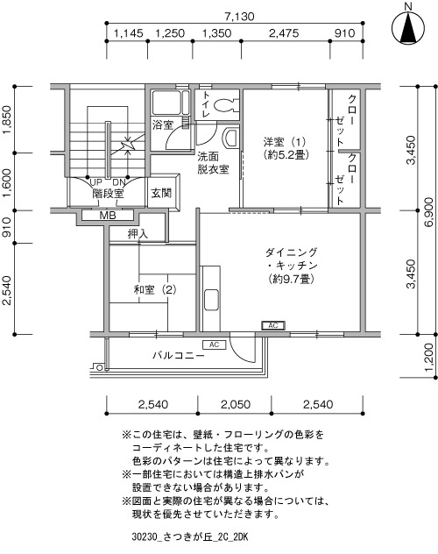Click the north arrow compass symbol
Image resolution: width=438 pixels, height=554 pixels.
click(408, 26)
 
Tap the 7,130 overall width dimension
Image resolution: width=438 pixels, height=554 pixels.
click(239, 17)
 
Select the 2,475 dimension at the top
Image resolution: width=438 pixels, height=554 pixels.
click(284, 33)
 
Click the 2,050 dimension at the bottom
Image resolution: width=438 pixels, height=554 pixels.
click(236, 404)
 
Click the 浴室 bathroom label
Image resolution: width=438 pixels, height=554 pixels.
click(163, 124)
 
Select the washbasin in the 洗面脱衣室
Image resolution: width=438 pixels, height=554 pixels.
click(230, 138)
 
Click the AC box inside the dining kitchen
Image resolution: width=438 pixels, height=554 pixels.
click(273, 325)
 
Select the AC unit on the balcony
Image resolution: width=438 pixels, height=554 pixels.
click(214, 344)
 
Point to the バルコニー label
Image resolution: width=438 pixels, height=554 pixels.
click(178, 355)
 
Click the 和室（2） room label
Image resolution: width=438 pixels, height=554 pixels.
click(155, 290)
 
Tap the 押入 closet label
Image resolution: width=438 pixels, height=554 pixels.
click(138, 233)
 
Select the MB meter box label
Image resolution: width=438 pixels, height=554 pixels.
click(107, 215)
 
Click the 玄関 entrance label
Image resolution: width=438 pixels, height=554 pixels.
click(161, 193)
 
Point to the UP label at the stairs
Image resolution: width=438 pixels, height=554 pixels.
click(95, 182)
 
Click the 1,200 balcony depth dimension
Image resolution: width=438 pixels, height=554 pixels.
click(429, 357)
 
